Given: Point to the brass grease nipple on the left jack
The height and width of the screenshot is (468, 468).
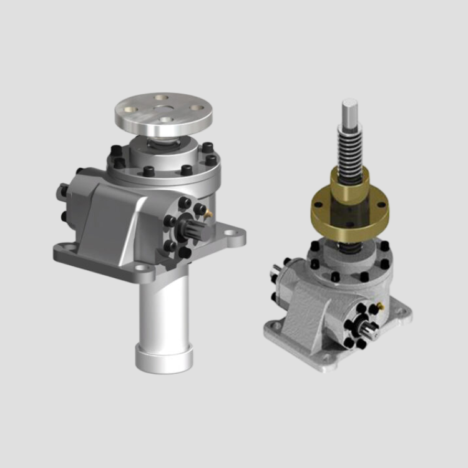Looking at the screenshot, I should [208, 215].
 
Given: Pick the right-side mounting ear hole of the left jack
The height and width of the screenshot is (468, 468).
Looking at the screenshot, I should [232, 235].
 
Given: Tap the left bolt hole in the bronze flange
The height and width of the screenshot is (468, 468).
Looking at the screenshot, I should [318, 203].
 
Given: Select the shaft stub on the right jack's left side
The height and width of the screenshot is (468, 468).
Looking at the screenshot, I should [275, 270].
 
